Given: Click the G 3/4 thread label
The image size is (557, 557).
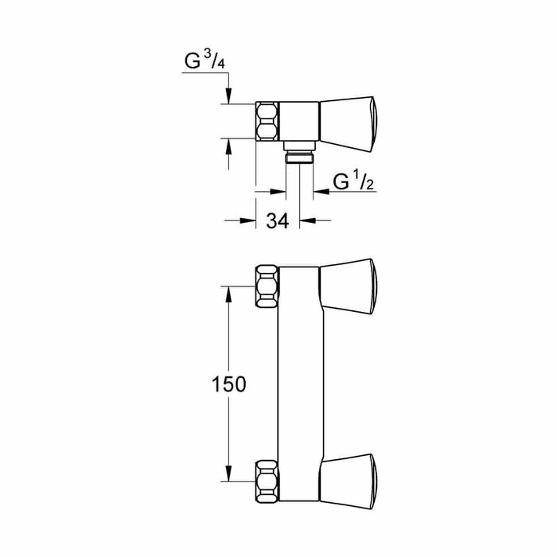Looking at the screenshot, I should click(204, 61).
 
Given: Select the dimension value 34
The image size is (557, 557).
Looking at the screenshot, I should click(276, 221).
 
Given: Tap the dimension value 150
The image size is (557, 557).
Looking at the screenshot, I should click(229, 384).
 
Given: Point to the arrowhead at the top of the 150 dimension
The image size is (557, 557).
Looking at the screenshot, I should click(229, 291).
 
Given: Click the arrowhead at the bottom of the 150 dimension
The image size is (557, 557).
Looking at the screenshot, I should click(229, 477).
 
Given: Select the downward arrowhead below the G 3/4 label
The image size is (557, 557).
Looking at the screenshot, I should click(229, 97).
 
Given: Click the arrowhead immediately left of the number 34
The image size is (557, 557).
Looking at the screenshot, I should click(248, 221).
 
